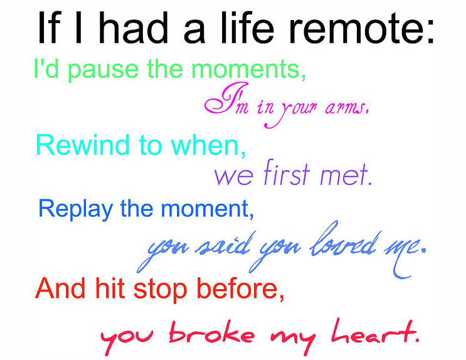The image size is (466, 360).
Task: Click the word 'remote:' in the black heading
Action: point(361,29)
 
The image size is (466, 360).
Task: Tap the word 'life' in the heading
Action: point(247,28)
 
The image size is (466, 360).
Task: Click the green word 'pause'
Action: point(103,70)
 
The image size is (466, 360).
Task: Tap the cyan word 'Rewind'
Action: point(83,144)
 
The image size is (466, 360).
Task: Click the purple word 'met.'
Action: point(346,175)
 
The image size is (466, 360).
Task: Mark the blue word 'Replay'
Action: point(75,209)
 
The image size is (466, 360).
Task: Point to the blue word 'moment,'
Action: point(207,209)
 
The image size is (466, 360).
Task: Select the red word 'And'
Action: point(60,288)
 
